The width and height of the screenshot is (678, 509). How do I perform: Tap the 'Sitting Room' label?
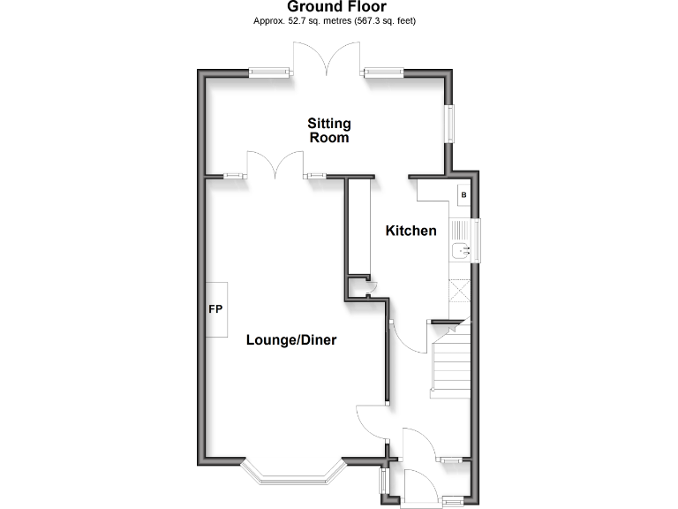point(328,130)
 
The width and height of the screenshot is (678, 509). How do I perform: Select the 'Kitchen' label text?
point(411,231)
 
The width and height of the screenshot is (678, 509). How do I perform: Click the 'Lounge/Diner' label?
point(291,339)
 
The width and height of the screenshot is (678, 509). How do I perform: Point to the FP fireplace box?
point(216,309)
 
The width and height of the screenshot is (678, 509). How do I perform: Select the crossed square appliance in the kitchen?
point(460,292)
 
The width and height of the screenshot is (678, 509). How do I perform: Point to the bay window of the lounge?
point(292,477)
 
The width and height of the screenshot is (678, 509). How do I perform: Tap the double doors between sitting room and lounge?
point(275,164)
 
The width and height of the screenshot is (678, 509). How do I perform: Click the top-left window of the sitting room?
point(269,73)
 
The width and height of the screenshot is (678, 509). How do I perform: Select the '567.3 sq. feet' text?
point(386,19)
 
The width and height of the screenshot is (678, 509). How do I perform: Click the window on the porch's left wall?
point(383,482)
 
